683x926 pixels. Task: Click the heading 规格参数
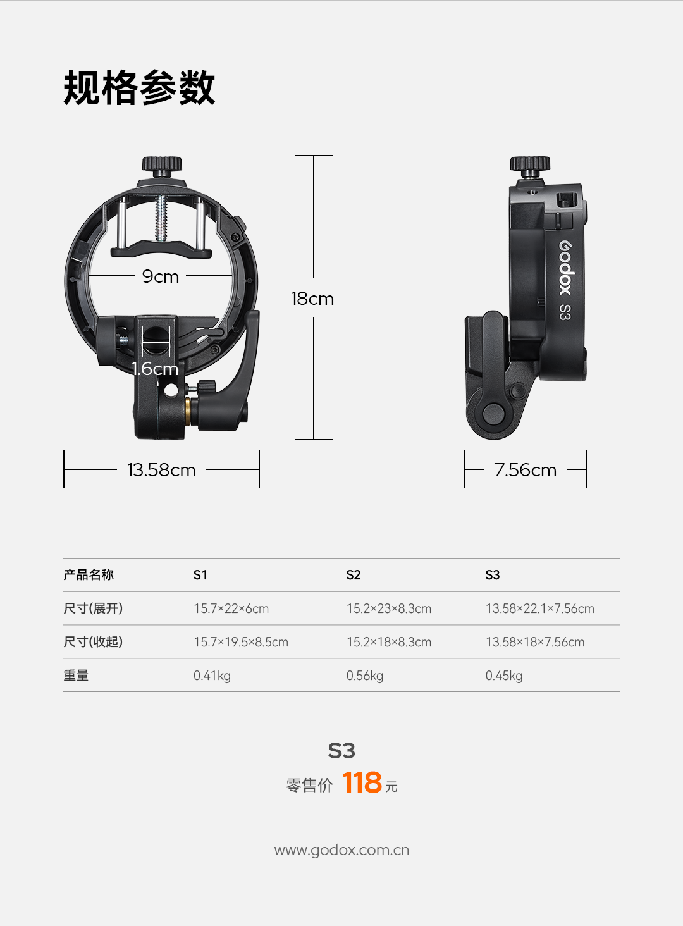coord(139,87)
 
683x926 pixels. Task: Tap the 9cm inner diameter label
coord(161,276)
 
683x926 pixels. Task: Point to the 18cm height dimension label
coord(312,299)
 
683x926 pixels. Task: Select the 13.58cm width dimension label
coord(161,470)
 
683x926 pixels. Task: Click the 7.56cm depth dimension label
coord(525,470)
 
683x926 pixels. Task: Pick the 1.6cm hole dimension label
coord(155,368)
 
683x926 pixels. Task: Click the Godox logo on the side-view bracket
coord(565,268)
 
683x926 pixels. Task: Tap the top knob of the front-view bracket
coord(162,164)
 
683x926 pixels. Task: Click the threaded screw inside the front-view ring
coord(161,218)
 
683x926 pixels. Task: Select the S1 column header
coord(200,574)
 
